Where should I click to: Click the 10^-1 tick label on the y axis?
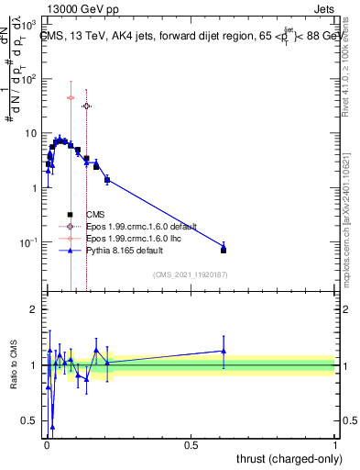point(27,242)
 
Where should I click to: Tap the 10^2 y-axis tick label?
point(27,79)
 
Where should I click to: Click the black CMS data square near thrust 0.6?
point(224,250)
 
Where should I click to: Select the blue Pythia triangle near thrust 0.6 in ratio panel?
point(224,351)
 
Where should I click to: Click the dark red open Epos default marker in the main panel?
point(87,106)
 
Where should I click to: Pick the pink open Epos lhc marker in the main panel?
point(71,97)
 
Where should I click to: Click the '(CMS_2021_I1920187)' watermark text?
point(189,274)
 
